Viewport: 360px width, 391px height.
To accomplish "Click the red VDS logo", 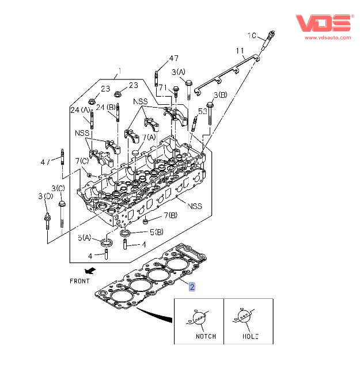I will [x=323, y=23].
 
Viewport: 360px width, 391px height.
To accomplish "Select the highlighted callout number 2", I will [x=193, y=286].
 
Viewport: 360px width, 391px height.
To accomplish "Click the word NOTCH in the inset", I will [x=206, y=336].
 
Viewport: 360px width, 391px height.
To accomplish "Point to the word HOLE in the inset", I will [x=251, y=336].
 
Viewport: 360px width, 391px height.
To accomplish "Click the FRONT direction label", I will [x=79, y=280].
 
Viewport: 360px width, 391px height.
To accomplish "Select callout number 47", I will [x=174, y=59].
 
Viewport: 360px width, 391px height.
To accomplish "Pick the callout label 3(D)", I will [x=45, y=196].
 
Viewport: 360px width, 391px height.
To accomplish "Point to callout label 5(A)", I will [x=85, y=237].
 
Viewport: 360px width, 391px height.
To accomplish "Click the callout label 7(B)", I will [x=169, y=215].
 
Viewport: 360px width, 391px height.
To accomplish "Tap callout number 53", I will [x=203, y=111].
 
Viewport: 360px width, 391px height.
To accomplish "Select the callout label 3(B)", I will [x=220, y=95].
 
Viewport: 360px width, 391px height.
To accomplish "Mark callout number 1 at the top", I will [x=120, y=72].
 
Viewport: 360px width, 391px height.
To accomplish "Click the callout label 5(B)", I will [x=156, y=233].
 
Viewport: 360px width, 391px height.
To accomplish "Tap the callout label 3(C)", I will [x=58, y=188].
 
